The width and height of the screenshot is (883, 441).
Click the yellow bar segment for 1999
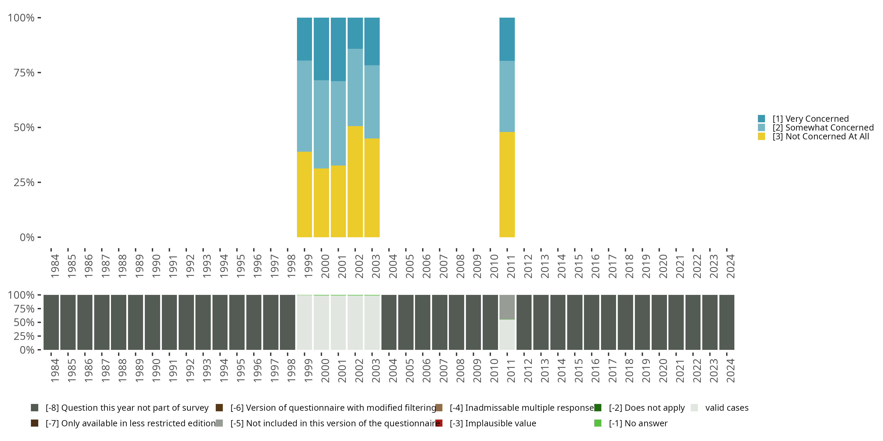click(x=304, y=194)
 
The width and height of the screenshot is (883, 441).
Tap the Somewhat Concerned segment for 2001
click(x=338, y=123)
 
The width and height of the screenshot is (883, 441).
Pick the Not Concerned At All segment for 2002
click(x=355, y=181)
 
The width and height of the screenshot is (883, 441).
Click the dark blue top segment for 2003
click(x=372, y=41)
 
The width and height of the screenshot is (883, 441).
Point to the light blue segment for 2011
click(x=507, y=96)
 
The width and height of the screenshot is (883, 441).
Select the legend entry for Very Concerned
click(x=810, y=119)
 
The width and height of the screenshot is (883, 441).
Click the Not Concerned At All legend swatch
click(x=761, y=137)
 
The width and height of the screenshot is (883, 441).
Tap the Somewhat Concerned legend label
click(x=823, y=128)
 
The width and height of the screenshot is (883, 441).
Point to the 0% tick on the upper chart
click(x=27, y=237)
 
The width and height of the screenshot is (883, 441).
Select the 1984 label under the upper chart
click(x=55, y=266)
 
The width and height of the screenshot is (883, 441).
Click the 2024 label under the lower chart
click(x=731, y=370)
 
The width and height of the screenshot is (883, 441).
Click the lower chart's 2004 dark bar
click(x=389, y=322)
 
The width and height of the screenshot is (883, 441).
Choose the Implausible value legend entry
click(x=493, y=423)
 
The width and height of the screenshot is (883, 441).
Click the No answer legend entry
click(x=638, y=423)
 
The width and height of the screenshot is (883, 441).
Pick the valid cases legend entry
click(x=726, y=408)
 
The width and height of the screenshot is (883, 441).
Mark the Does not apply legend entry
click(x=646, y=408)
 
